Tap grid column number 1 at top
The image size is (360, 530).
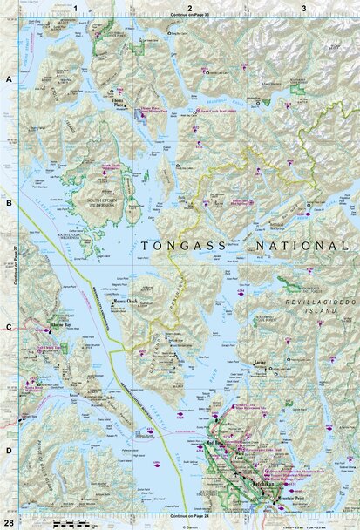click(x=76, y=8)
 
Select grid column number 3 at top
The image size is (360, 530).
click(x=303, y=8)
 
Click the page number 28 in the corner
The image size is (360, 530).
click(x=8, y=521)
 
